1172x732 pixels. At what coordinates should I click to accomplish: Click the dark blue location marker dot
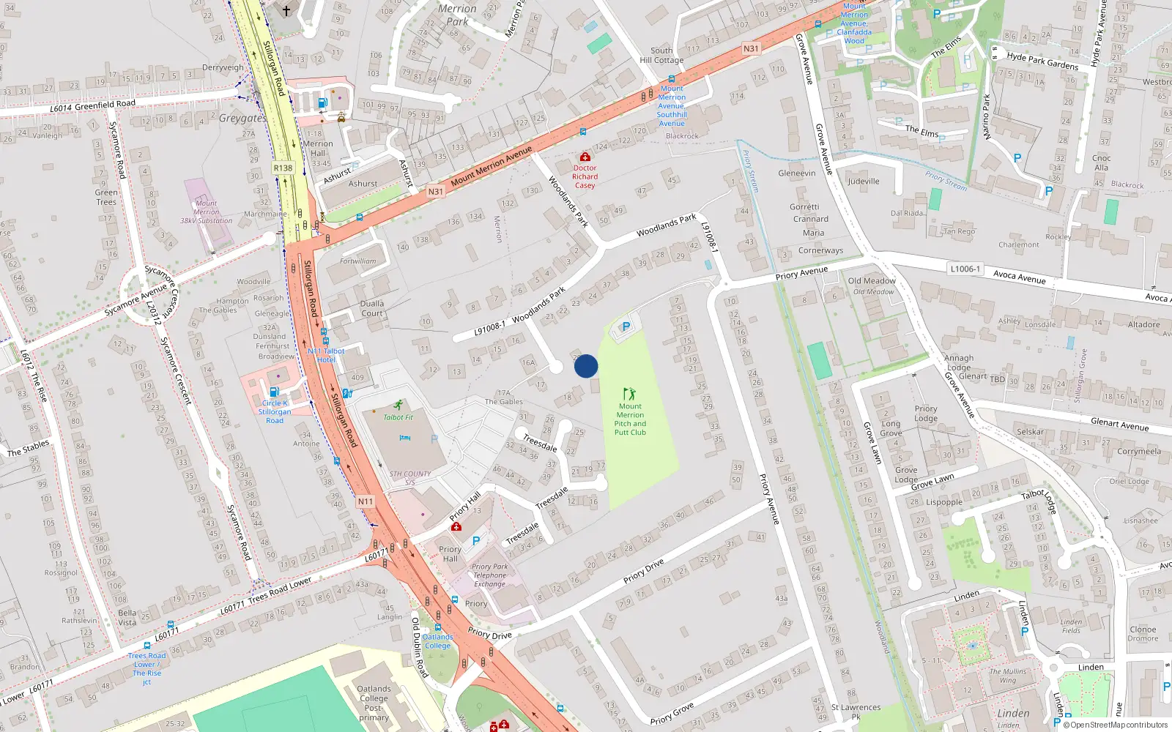tap(586, 366)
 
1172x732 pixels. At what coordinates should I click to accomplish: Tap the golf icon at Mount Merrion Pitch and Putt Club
tap(628, 394)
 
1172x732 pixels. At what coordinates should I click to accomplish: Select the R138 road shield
tap(283, 168)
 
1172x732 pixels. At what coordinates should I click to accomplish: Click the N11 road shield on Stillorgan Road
tap(366, 501)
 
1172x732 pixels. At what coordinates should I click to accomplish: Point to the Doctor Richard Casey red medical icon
tap(585, 157)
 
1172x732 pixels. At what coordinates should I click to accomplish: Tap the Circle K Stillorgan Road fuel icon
tap(274, 392)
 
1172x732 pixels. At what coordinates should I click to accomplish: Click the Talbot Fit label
tap(398, 417)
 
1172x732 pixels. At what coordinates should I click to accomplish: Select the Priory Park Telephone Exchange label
tap(489, 575)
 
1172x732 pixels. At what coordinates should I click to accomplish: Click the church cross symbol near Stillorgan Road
tap(286, 10)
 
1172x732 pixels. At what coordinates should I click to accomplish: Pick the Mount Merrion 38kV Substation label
tap(206, 212)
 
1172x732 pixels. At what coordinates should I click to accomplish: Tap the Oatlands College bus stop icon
tap(437, 627)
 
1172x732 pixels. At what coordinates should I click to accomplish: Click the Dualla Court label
tap(372, 308)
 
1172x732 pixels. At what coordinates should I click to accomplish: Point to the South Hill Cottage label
tap(661, 56)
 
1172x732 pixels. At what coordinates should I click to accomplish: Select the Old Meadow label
tap(872, 281)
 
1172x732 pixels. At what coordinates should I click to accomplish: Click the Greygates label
tap(242, 118)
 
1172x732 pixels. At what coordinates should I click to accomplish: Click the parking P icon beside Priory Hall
tap(476, 541)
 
